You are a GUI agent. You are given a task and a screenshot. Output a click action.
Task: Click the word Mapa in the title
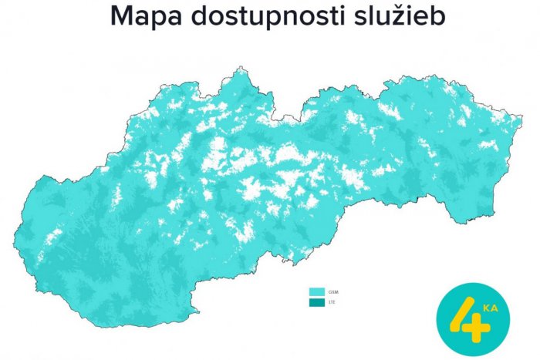point(143,17)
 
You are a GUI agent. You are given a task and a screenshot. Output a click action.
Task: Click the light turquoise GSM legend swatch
point(316,293)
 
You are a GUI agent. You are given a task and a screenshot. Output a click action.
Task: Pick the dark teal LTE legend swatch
point(316,303)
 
